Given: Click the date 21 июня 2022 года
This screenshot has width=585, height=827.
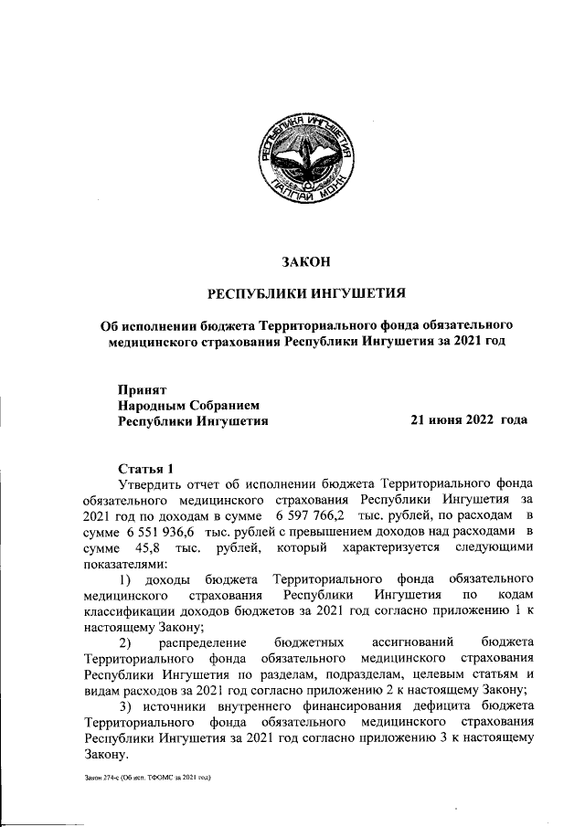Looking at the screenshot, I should click(x=468, y=420).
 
